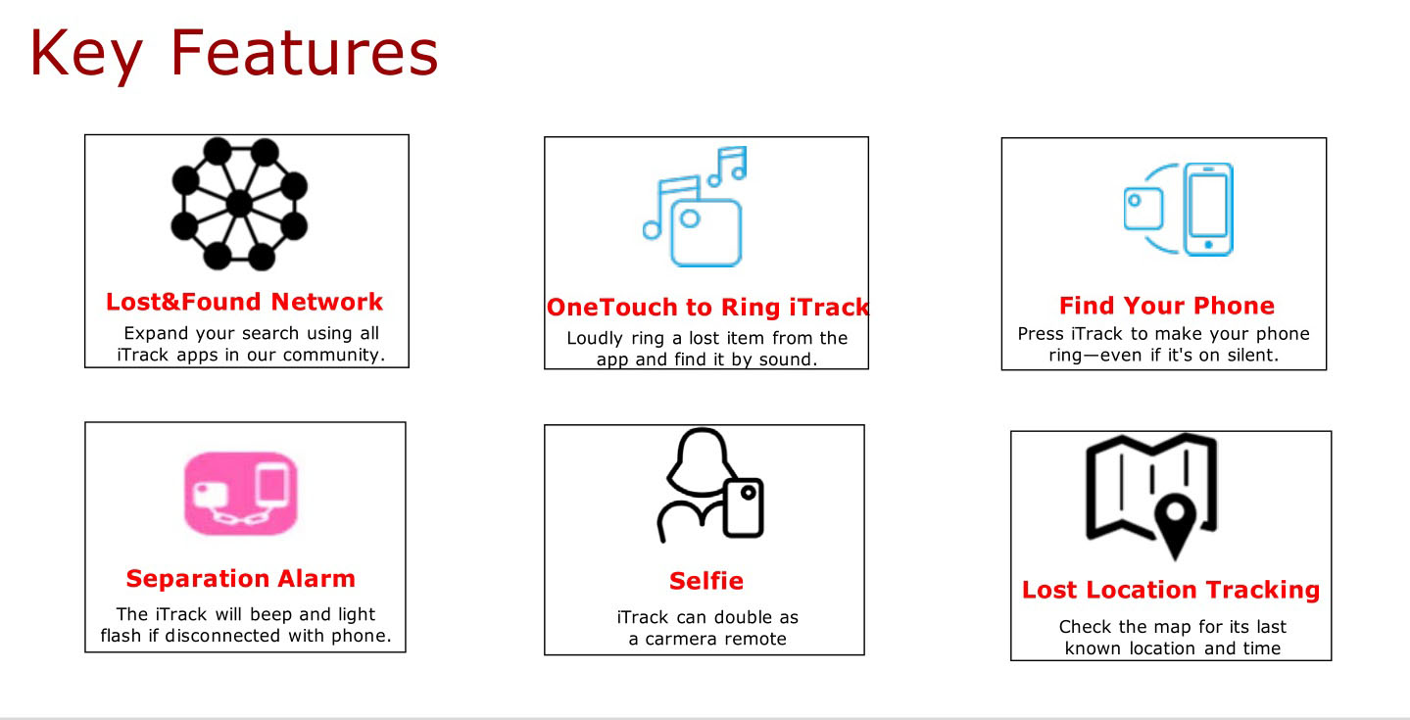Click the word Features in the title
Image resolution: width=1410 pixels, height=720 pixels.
[304, 53]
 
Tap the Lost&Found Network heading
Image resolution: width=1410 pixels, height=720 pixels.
[244, 302]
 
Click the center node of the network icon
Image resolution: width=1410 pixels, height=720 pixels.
[239, 204]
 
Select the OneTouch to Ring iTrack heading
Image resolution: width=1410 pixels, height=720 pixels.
[707, 308]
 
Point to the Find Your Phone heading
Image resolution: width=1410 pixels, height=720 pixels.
[1166, 306]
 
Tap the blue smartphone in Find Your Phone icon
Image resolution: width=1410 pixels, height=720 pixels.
[1208, 210]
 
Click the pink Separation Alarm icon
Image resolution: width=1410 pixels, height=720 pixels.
[240, 494]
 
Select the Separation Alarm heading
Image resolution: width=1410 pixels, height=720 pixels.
[240, 578]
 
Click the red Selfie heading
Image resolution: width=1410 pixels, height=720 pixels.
[706, 581]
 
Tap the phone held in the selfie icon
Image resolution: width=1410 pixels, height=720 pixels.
[743, 507]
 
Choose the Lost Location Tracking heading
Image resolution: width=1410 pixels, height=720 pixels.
[1171, 590]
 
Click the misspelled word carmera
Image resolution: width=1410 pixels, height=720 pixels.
[686, 640]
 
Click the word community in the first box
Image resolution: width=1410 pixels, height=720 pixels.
[333, 356]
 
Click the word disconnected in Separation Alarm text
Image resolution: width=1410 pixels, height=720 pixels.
[222, 636]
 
